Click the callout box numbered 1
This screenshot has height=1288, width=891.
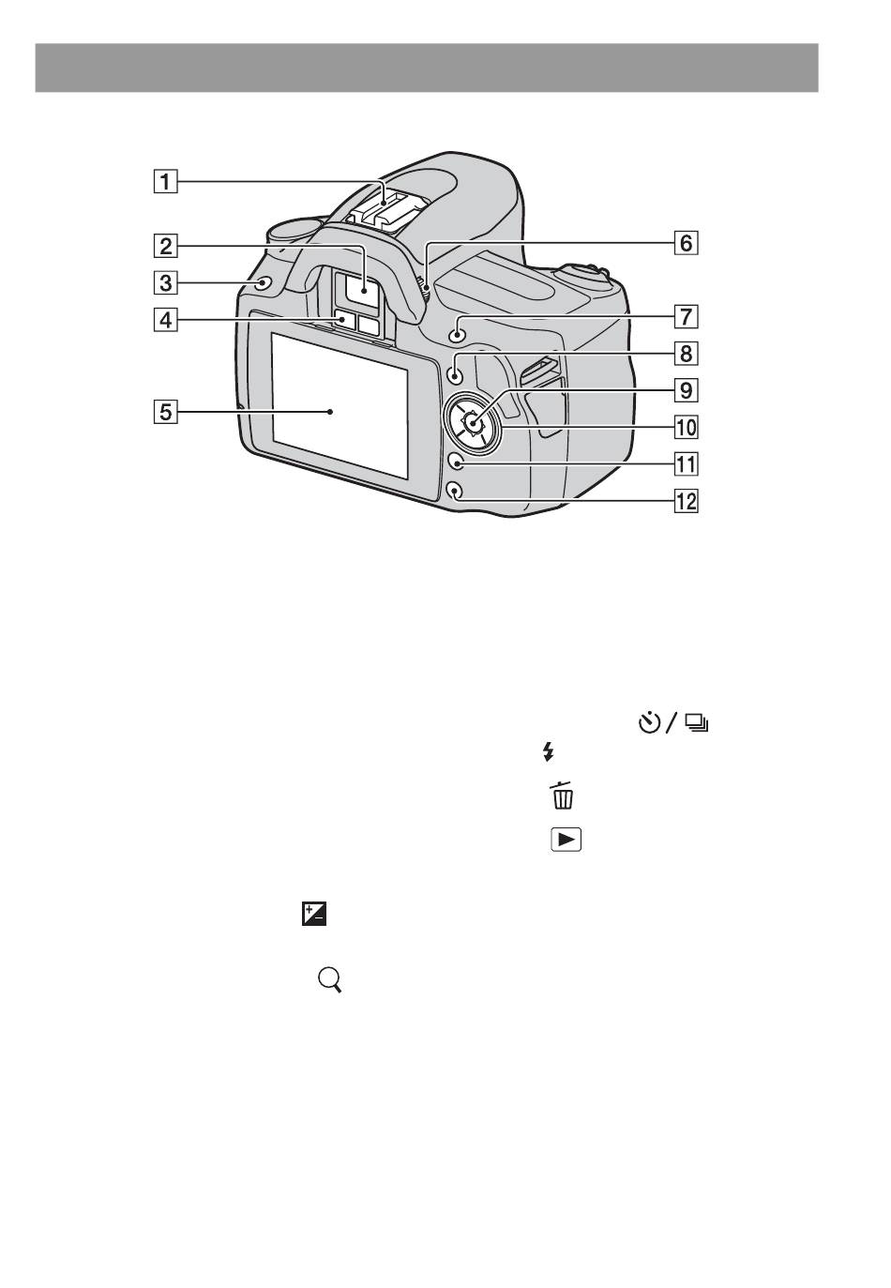(165, 182)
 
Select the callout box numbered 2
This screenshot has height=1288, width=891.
(165, 246)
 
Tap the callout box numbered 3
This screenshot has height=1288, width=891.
(165, 283)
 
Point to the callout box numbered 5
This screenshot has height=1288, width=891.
(165, 412)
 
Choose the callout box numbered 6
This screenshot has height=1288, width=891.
(686, 243)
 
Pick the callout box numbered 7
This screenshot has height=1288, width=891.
(686, 317)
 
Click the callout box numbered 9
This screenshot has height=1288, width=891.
(686, 390)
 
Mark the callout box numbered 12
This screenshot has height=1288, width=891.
(686, 501)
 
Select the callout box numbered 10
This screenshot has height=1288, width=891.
(686, 427)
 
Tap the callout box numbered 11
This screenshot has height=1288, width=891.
(686, 464)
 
